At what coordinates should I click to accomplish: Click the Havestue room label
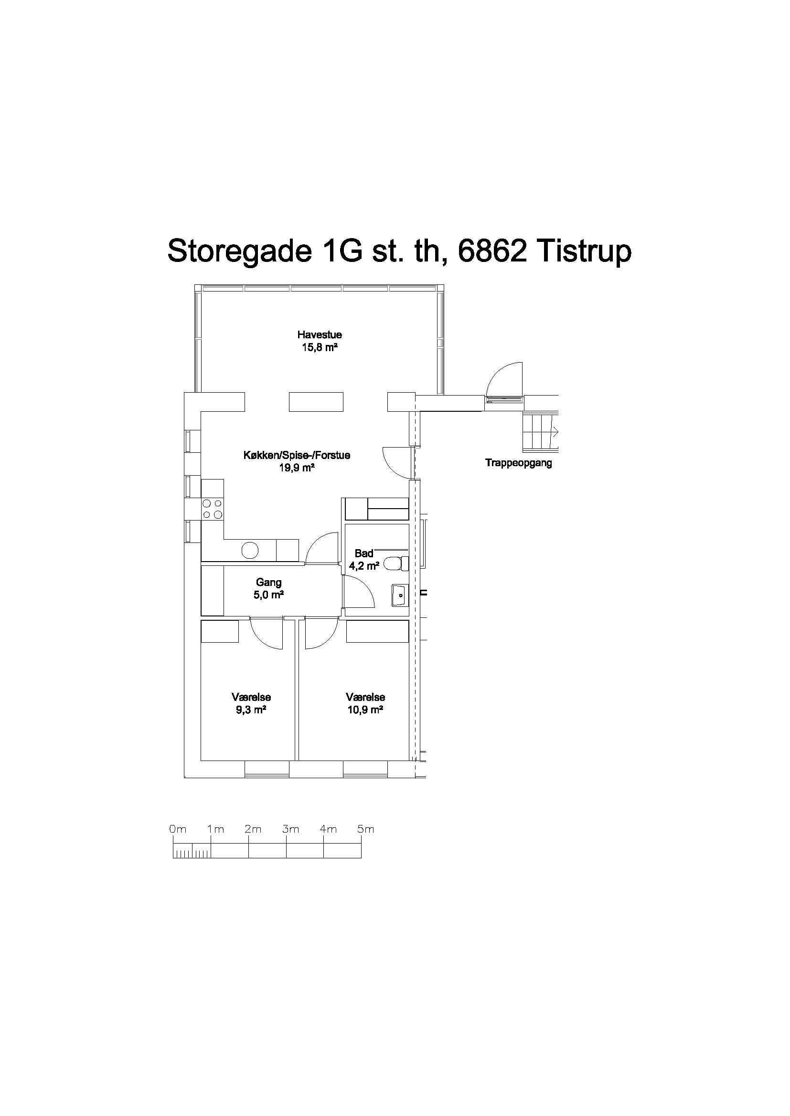coord(320,334)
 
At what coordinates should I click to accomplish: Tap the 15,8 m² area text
coord(320,347)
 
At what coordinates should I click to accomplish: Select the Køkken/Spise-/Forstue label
coord(297,456)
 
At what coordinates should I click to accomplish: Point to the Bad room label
coord(364,553)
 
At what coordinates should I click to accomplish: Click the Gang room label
coord(268,582)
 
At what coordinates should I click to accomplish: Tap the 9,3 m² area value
coord(251,709)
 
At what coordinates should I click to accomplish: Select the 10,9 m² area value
coord(365,709)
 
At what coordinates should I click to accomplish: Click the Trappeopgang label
coord(519,463)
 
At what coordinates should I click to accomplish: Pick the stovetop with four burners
coord(213,509)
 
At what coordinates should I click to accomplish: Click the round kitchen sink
coord(250,550)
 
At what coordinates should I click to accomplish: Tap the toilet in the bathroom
coord(396,564)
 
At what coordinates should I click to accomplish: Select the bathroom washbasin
coord(399,595)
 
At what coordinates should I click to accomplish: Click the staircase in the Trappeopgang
coord(540,432)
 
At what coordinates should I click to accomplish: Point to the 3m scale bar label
coord(290,829)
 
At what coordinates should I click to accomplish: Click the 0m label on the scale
coord(178,829)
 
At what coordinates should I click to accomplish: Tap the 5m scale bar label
coord(366,829)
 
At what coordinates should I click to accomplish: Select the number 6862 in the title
coord(492,251)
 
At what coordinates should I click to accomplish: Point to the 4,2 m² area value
coord(364,566)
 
